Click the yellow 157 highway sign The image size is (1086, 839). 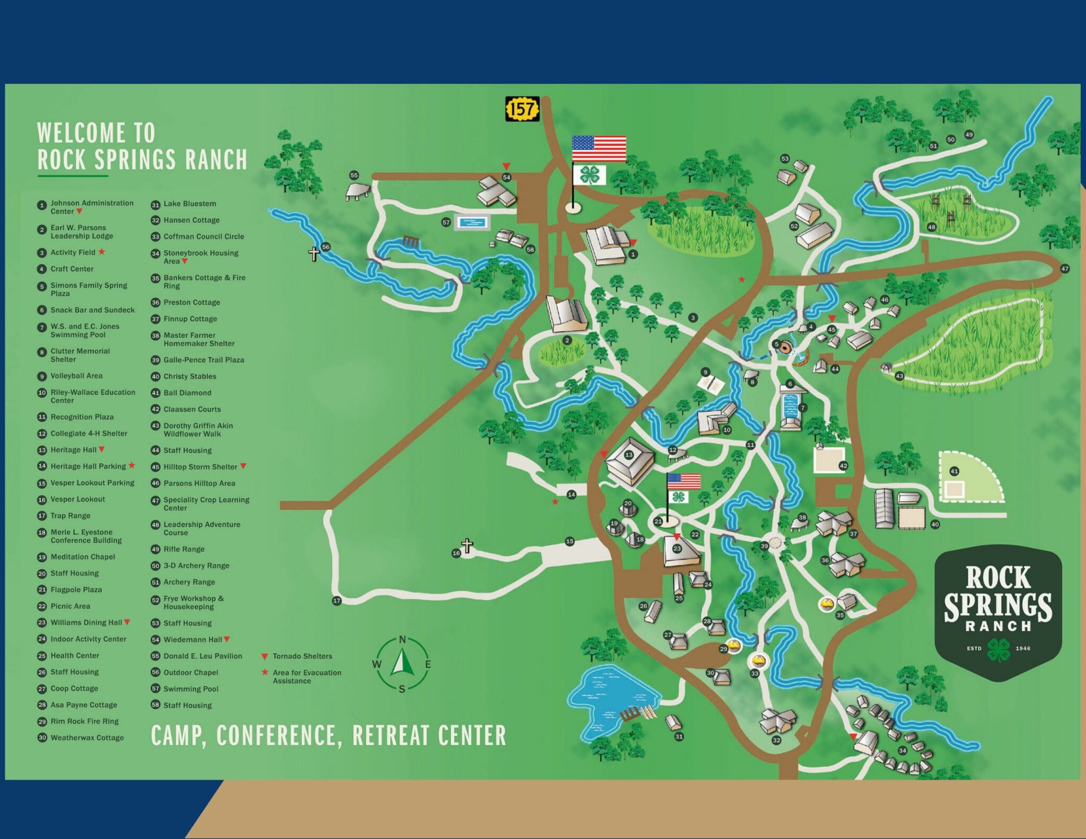(x=522, y=109)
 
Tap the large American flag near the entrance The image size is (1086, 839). (x=599, y=149)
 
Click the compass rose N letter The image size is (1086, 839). (x=402, y=640)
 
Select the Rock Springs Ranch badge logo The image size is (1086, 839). (x=997, y=612)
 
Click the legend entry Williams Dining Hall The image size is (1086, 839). (x=86, y=623)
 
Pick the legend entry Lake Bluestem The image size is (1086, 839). (x=189, y=204)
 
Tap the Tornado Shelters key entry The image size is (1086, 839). (x=302, y=656)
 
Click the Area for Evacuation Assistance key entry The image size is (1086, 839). (x=306, y=676)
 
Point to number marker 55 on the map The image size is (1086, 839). (x=354, y=175)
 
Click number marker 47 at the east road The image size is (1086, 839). (x=1065, y=269)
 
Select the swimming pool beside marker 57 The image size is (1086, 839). (x=471, y=223)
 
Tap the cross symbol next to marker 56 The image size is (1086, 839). (x=314, y=254)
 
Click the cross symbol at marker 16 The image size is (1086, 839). (x=467, y=545)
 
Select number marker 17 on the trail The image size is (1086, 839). (x=337, y=600)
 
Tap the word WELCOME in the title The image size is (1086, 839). (x=82, y=133)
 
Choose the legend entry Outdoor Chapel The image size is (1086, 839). (x=190, y=673)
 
